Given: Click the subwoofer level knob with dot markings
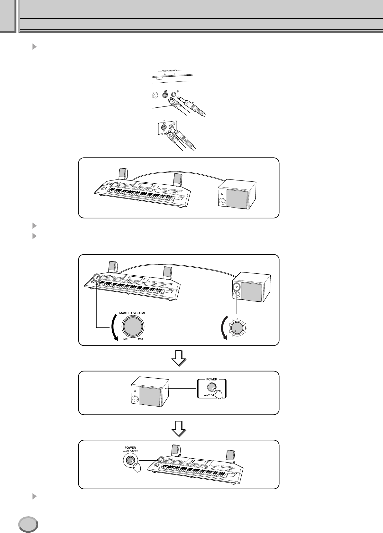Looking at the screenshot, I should pos(237,327).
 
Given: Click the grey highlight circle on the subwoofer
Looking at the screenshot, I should pos(237,286).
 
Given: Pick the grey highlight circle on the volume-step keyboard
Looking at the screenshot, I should pos(97,277).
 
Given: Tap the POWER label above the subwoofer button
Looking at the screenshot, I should pos(212,379).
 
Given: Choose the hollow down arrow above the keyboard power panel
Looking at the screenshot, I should pos(178,427).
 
